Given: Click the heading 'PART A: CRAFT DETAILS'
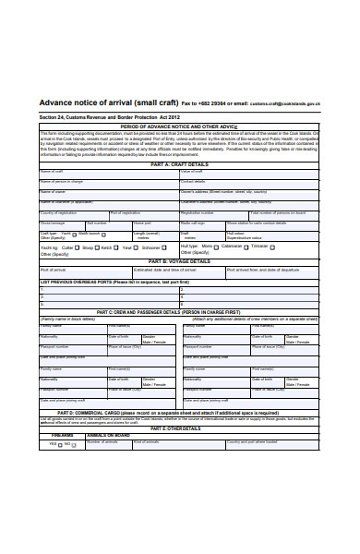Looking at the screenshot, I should (180, 163).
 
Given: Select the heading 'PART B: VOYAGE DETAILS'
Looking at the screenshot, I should (180, 261).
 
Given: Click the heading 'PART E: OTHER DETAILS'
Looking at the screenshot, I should (180, 403).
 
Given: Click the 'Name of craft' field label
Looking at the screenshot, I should (52, 172).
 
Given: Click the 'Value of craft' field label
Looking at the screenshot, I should (193, 172).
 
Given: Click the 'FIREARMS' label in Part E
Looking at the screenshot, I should (63, 409).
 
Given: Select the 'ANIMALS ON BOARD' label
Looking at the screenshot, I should (109, 409).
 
